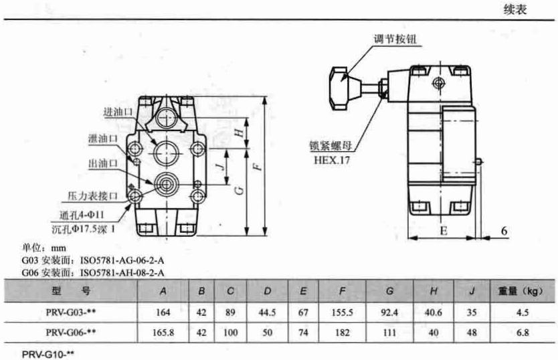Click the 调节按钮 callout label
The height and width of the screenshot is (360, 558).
pos(395,39)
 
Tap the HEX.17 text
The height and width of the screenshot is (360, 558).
pos(332,160)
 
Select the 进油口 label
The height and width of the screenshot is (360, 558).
pos(118,112)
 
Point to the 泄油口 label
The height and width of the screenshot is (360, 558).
pos(103,139)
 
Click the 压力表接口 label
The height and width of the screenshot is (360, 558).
pos(92,196)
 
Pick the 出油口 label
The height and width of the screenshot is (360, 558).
pos(103,163)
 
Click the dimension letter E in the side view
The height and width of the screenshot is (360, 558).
pos(444,231)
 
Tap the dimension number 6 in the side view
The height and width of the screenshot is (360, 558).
pos(504,231)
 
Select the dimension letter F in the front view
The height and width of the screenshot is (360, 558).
pos(258,166)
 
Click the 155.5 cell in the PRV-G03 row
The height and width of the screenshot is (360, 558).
pos(342,312)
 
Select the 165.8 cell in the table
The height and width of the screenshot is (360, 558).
pos(163,333)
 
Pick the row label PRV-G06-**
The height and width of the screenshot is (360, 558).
pos(71,332)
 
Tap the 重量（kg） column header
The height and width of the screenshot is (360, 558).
pos(521,291)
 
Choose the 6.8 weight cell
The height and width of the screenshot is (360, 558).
pos(523,333)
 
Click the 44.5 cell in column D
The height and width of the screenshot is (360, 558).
pos(267,312)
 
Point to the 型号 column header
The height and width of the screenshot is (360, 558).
pos(71,291)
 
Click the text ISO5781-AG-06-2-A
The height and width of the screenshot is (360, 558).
pos(122,260)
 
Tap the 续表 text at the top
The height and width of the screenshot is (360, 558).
pos(515,9)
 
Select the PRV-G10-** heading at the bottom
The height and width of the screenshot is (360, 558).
pos(48,355)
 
